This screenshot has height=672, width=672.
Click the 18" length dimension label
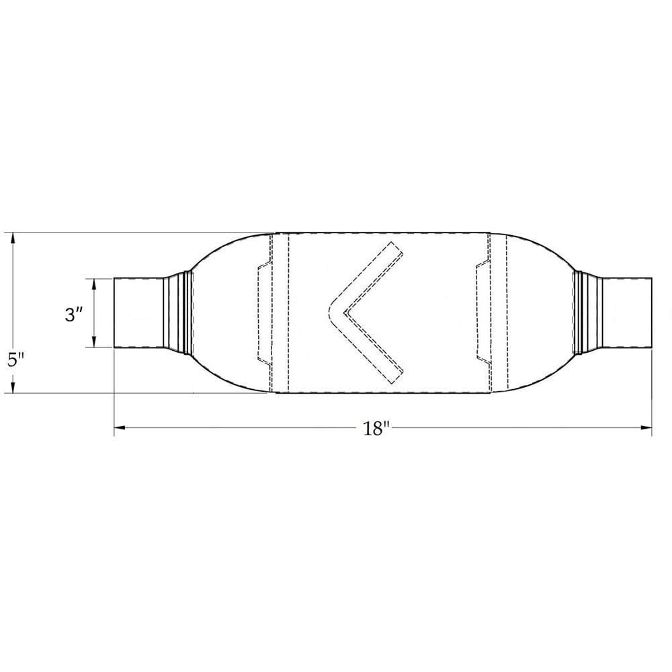point(376,428)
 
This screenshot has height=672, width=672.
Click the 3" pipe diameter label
point(74,315)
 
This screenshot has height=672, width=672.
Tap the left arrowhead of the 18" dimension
point(120,427)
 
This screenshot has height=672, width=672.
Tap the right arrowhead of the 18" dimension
point(646,427)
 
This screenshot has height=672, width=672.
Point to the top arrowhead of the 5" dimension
point(13,239)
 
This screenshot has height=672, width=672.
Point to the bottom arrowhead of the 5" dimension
point(13,387)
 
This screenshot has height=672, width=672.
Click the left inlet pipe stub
point(138,312)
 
